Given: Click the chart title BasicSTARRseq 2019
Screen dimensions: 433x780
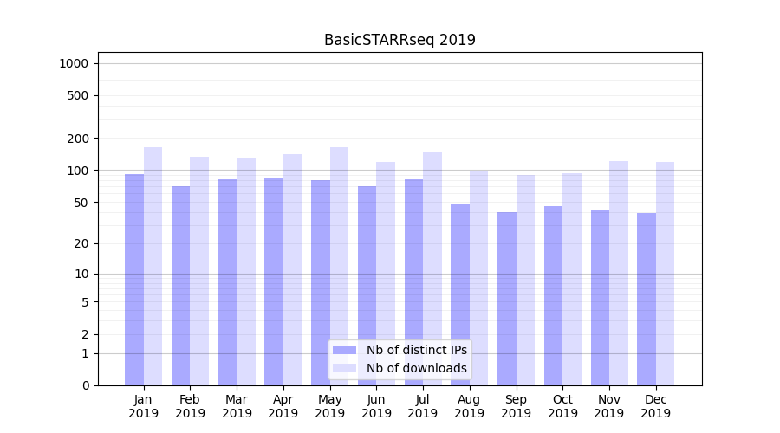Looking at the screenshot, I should [x=400, y=40].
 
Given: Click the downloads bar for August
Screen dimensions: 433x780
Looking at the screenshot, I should [x=478, y=277].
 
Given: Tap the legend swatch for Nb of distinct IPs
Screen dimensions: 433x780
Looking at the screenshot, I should [x=344, y=350].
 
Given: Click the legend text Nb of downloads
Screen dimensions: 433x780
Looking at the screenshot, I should [x=416, y=368].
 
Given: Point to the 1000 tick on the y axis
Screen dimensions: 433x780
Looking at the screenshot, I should [x=74, y=63].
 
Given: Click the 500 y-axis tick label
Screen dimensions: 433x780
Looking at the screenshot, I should [x=77, y=95].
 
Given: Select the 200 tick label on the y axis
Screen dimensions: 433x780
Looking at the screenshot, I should [x=77, y=138].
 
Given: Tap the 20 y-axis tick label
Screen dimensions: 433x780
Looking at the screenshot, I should [x=81, y=243].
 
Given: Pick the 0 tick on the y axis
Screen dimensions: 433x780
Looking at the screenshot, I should [x=84, y=385].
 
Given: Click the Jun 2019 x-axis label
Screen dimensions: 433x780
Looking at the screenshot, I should [x=376, y=406].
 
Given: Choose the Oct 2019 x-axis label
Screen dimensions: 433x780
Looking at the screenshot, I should [x=562, y=406].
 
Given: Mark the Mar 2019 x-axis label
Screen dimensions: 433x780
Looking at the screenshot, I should [x=237, y=406].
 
